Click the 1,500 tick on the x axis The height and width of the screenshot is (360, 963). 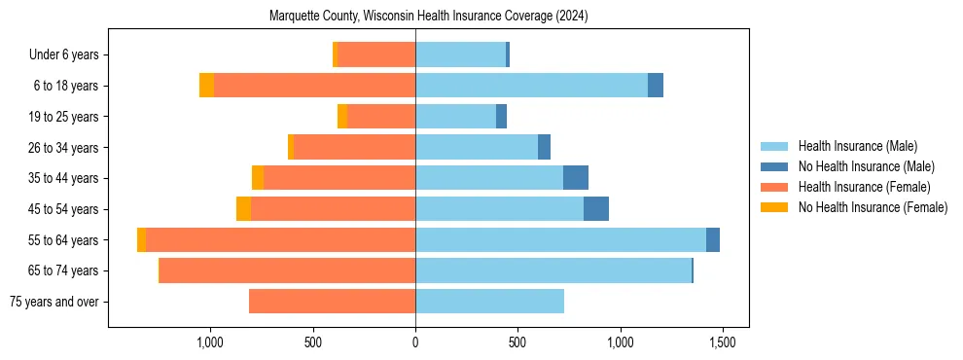[x=722, y=342]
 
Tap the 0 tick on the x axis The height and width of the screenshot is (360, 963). [x=415, y=342]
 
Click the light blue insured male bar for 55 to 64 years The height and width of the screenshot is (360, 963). [x=560, y=240]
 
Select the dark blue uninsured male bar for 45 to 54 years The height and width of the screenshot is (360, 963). [x=596, y=209]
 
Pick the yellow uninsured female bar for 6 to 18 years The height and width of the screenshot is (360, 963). [x=206, y=86]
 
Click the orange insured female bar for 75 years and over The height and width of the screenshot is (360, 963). [x=332, y=302]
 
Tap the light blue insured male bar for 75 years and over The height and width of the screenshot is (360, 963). [x=489, y=302]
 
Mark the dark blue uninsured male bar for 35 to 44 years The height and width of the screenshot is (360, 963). [x=576, y=178]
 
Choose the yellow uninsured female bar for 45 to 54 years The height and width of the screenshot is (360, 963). [x=243, y=209]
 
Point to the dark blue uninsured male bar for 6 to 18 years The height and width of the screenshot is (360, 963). [x=656, y=86]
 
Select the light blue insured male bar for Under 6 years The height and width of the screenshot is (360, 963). [x=460, y=55]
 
